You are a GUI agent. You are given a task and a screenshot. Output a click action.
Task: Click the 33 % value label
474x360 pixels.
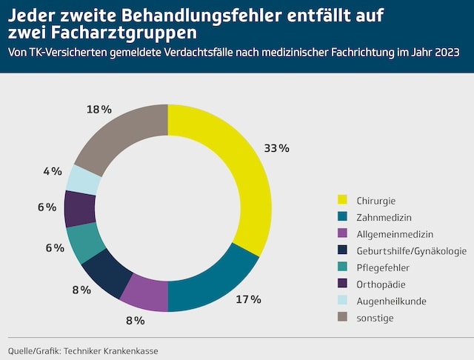pos(276,148)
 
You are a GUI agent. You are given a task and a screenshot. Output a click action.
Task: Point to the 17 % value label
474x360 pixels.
pos(248,299)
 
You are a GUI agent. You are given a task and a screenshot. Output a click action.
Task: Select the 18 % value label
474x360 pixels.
pos(99,110)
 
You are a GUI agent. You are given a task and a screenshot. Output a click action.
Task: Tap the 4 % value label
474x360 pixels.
pos(52,171)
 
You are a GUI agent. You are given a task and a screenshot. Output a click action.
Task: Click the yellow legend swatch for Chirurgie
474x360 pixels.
pos(342,200)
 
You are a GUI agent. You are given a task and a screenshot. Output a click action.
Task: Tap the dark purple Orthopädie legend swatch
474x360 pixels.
pos(342,284)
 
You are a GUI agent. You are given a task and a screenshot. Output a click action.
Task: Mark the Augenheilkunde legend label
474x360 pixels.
pos(390,301)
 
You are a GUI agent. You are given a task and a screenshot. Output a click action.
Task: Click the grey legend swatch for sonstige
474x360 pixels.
pos(342,319)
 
